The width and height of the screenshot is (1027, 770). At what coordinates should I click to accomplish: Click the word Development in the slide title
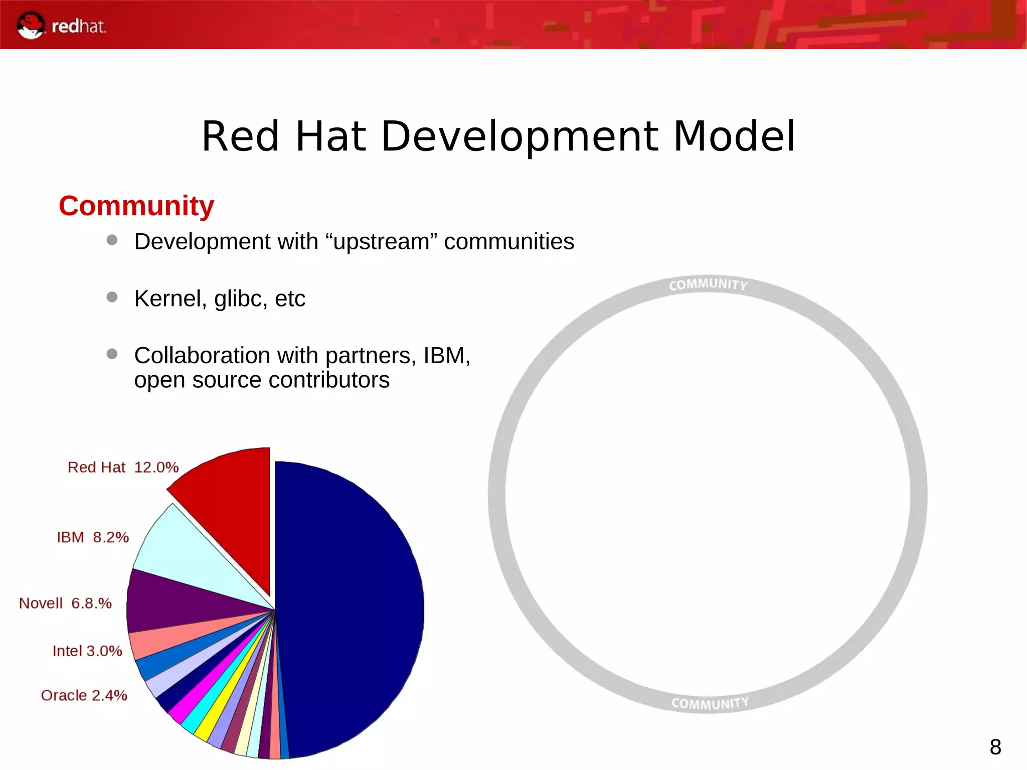[x=520, y=137]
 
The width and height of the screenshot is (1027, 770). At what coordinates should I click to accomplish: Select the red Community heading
[x=136, y=206]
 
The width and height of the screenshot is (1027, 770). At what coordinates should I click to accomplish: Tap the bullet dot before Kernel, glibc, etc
[x=112, y=297]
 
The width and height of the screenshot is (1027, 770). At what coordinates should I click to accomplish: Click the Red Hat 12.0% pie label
[x=123, y=468]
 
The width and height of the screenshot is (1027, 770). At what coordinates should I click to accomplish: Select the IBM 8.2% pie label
[x=93, y=537]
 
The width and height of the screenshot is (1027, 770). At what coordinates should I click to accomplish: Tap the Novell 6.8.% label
[x=65, y=603]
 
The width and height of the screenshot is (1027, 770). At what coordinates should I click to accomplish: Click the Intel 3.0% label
[x=87, y=651]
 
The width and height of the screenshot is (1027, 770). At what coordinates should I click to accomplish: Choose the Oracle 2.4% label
[x=84, y=696]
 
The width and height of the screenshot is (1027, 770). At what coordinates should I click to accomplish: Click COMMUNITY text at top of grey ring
[x=708, y=285]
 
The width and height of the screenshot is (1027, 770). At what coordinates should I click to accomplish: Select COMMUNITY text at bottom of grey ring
[x=710, y=703]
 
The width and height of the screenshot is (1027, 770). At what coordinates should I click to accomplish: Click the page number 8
[x=995, y=747]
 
